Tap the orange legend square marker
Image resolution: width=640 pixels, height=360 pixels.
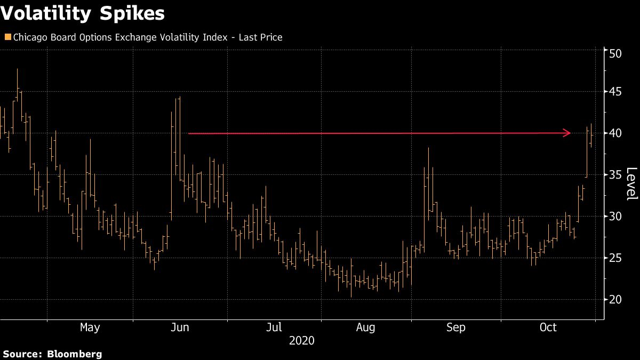7,37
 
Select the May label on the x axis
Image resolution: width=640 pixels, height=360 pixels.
90,327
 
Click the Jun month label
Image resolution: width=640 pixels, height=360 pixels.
180,327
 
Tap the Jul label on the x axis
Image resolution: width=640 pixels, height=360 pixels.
274,327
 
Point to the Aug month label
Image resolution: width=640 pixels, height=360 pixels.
365,327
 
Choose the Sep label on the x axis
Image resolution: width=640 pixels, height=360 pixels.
456,327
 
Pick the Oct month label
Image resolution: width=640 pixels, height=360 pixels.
548,327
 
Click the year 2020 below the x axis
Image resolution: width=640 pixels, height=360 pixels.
301,341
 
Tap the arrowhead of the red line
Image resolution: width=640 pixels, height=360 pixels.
567,133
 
